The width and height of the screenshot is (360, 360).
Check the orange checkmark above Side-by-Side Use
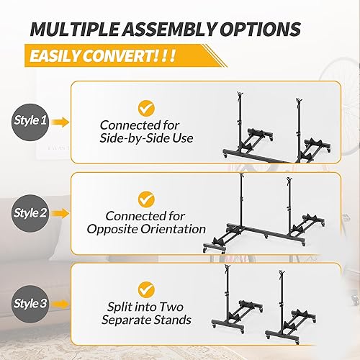[147, 108]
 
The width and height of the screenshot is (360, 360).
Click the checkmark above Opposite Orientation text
[147, 197]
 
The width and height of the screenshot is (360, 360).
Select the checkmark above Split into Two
[147, 287]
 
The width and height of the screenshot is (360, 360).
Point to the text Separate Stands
[147, 320]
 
